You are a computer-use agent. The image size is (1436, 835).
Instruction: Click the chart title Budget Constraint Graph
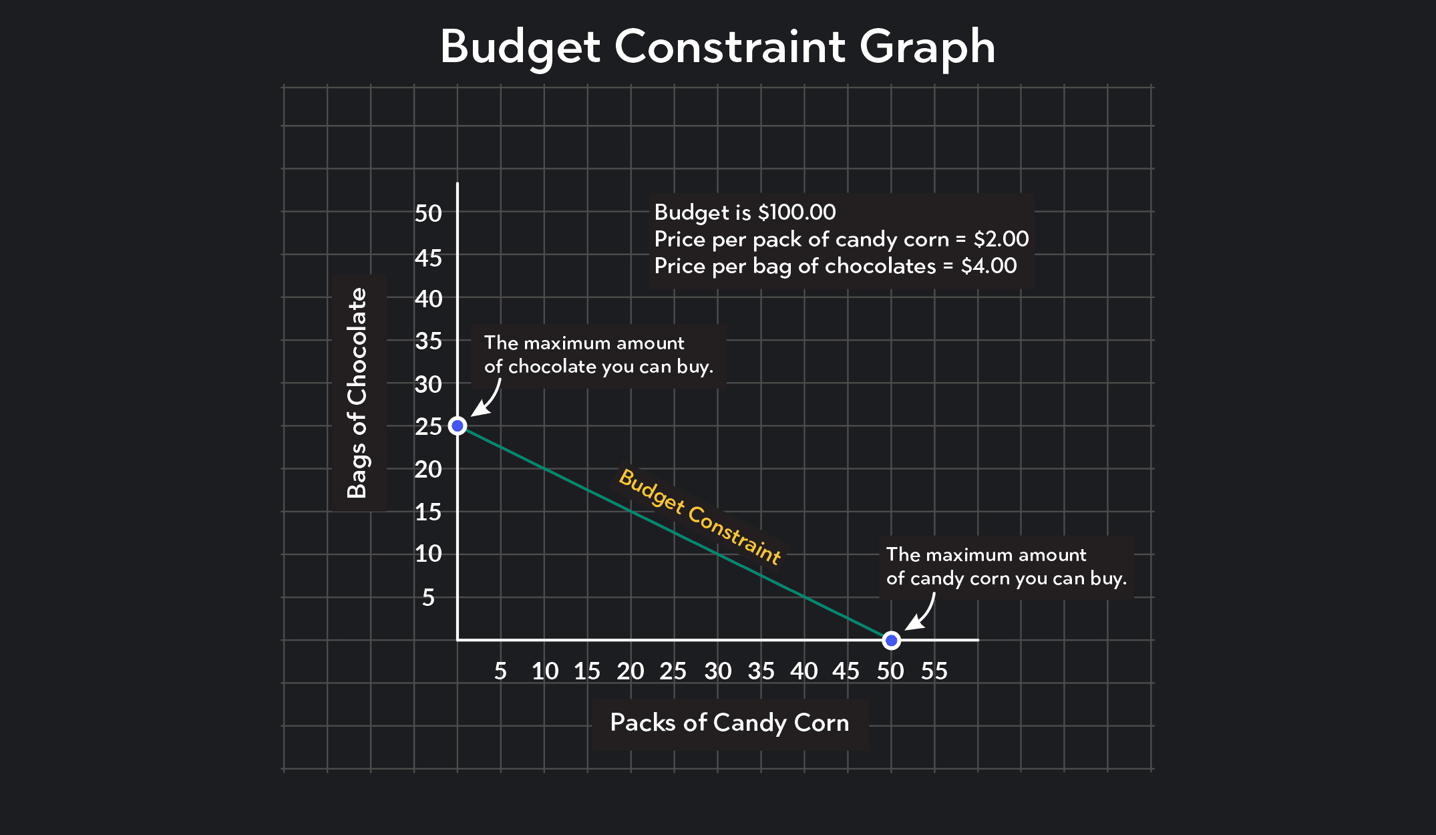pyautogui.click(x=717, y=47)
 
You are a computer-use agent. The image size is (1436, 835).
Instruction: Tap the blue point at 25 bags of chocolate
pyautogui.click(x=458, y=426)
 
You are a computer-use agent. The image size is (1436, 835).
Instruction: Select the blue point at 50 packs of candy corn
pyautogui.click(x=891, y=641)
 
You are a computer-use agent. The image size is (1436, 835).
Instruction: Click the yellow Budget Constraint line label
pyautogui.click(x=699, y=516)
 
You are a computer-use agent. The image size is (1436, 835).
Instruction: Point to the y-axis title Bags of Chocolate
pyautogui.click(x=358, y=393)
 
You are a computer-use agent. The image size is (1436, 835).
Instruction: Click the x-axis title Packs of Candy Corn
pyautogui.click(x=729, y=723)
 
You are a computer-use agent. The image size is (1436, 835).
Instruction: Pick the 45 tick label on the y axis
pyautogui.click(x=428, y=257)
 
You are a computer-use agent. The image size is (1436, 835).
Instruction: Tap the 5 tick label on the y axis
pyautogui.click(x=428, y=597)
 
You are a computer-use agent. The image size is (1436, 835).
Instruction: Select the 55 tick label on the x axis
pyautogui.click(x=934, y=671)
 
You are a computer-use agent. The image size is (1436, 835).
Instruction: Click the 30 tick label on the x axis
pyautogui.click(x=718, y=671)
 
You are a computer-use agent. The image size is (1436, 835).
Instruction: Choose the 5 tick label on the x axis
pyautogui.click(x=500, y=671)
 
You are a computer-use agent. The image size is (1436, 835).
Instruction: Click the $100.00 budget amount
pyautogui.click(x=796, y=212)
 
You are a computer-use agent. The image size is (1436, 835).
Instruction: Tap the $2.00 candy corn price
pyautogui.click(x=1001, y=239)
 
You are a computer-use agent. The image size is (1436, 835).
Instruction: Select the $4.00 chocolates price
pyautogui.click(x=989, y=266)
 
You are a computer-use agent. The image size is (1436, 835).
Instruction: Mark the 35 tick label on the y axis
pyautogui.click(x=428, y=341)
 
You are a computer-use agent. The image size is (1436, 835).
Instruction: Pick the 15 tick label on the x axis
pyautogui.click(x=587, y=671)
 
